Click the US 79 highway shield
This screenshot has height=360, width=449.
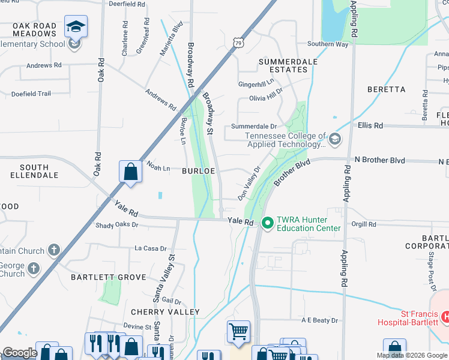click(238, 43)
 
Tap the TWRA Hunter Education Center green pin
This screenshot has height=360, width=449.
click(267, 223)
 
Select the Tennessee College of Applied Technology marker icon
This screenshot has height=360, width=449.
click(334, 140)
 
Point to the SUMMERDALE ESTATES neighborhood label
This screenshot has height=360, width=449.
click(283, 66)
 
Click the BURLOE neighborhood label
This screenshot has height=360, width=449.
click(199, 171)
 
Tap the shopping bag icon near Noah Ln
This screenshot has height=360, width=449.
click(130, 172)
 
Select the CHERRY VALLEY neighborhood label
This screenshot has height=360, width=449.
click(165, 312)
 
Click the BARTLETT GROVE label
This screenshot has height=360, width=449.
click(109, 277)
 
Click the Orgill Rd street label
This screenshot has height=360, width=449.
click(364, 224)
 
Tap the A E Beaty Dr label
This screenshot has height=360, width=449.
click(320, 321)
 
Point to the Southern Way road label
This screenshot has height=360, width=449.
click(328, 44)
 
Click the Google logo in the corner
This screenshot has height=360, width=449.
click(19, 353)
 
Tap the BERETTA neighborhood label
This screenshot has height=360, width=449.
click(387, 89)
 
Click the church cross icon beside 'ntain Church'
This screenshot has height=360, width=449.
click(54, 250)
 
